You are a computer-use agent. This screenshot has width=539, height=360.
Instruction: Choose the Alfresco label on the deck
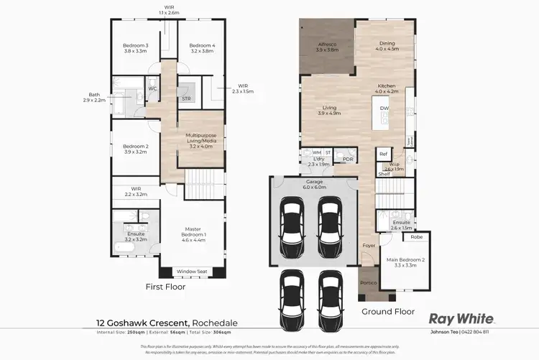327,48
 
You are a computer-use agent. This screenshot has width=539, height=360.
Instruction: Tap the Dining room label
387,47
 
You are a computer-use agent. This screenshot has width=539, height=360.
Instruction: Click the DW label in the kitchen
384,109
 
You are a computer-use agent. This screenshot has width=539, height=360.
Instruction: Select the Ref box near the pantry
383,154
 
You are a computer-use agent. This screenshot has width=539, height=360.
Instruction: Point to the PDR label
348,160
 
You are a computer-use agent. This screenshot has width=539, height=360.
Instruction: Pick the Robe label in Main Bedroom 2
416,237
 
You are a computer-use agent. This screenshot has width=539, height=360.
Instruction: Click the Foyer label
369,246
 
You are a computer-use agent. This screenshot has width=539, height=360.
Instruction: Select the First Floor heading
165,287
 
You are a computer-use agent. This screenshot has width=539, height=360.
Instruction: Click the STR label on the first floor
185,98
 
